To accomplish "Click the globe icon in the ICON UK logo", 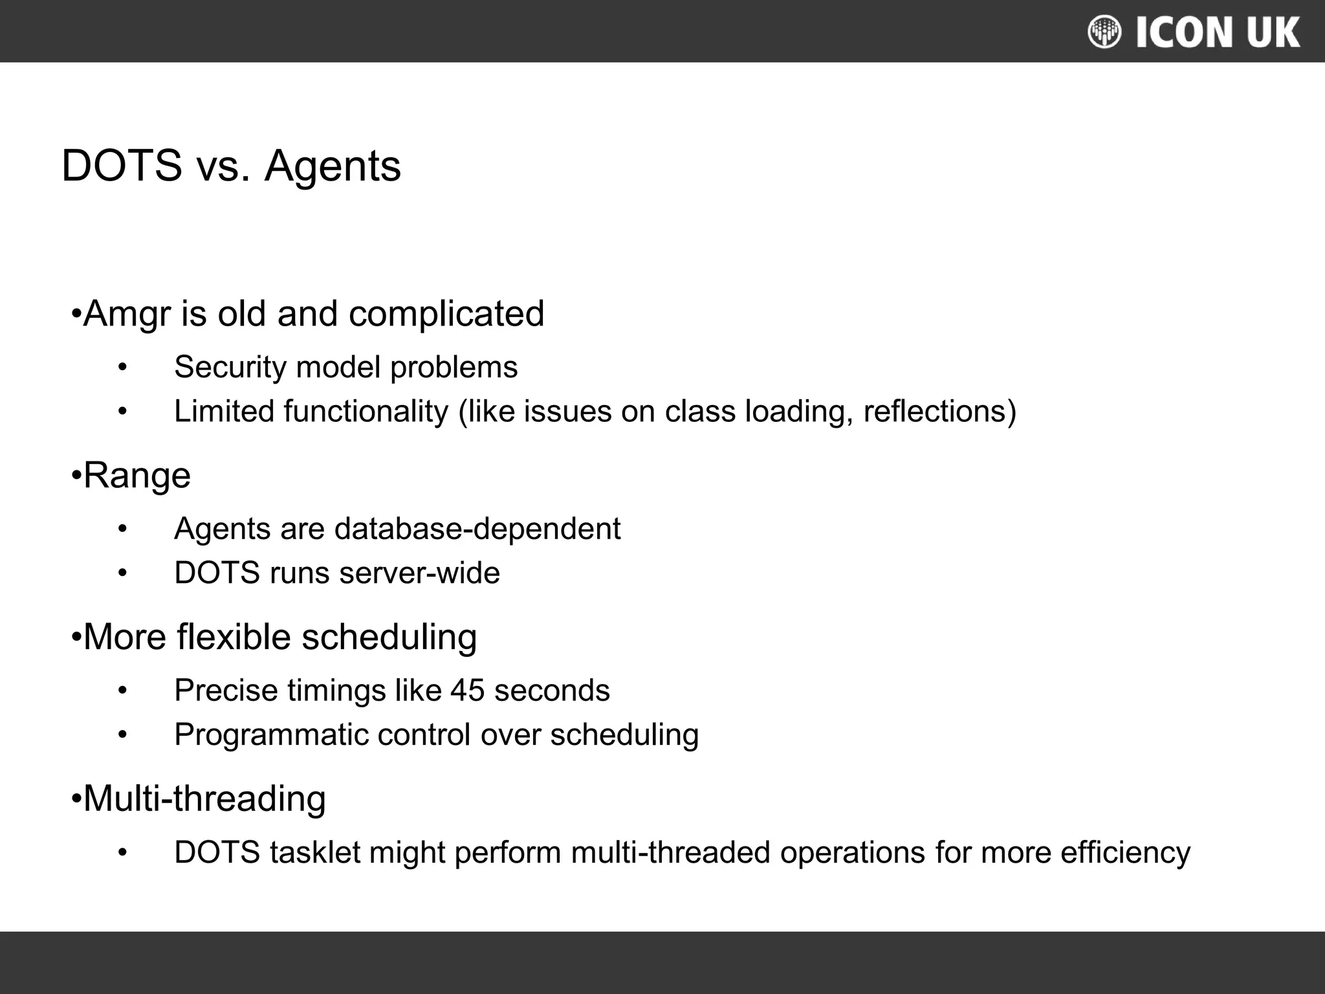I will click(x=1104, y=32).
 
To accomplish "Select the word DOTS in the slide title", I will click(x=122, y=166).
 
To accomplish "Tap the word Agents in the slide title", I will click(x=333, y=167).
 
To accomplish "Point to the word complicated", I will click(x=446, y=315).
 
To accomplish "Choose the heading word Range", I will click(x=137, y=476).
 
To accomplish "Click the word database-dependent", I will click(x=477, y=529).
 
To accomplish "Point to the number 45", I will click(x=467, y=690).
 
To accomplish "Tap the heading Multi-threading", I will click(x=204, y=799).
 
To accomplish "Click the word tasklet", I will click(x=315, y=852).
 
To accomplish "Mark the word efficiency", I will click(x=1125, y=853).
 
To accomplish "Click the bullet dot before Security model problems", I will click(x=123, y=368).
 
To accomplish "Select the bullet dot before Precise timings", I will click(x=123, y=690).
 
